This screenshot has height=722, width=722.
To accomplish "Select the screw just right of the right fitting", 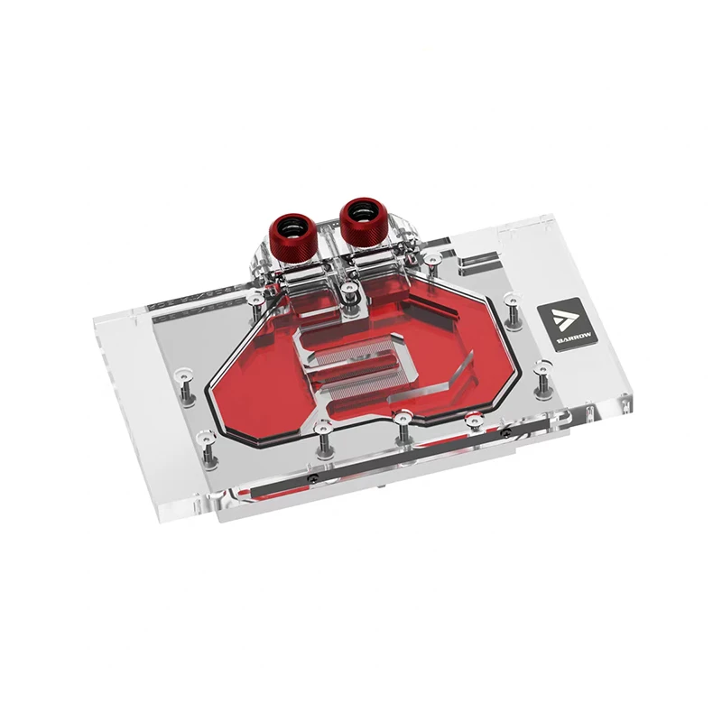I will pyautogui.click(x=434, y=260).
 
